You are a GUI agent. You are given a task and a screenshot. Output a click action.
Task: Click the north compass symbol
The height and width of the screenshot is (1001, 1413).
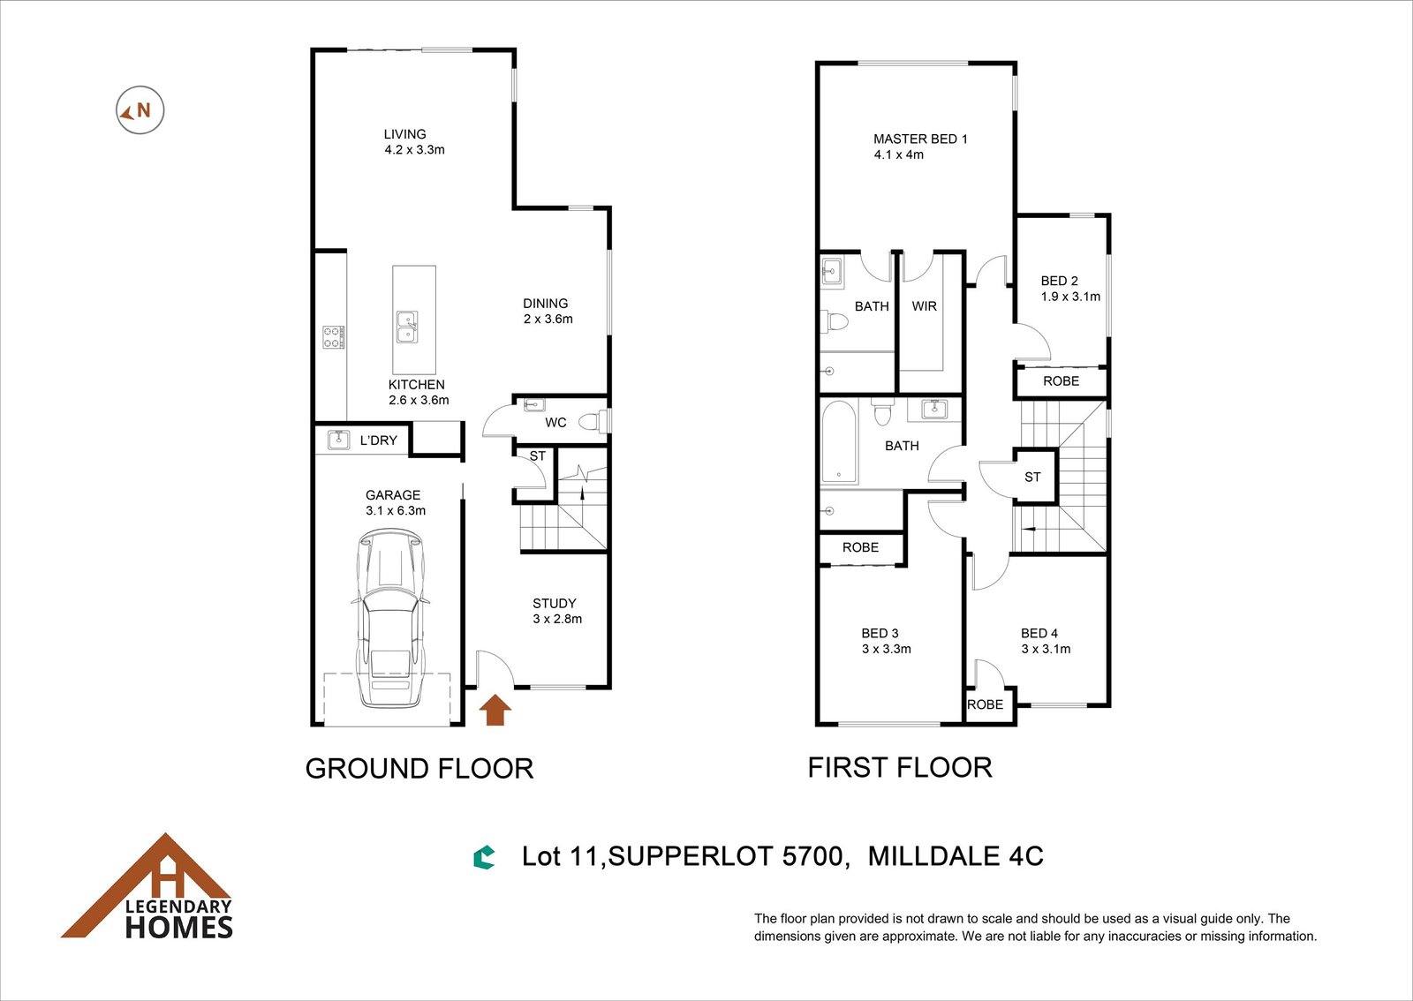pyautogui.click(x=140, y=109)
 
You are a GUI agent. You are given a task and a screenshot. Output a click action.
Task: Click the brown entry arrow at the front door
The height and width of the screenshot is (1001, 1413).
pyautogui.click(x=495, y=711)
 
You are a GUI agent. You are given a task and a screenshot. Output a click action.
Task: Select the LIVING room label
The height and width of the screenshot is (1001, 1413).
pyautogui.click(x=405, y=134)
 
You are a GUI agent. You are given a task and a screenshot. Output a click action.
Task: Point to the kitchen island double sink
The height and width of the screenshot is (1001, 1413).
pyautogui.click(x=407, y=327)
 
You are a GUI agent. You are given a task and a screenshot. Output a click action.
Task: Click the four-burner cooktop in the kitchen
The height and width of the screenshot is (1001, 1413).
pyautogui.click(x=334, y=337)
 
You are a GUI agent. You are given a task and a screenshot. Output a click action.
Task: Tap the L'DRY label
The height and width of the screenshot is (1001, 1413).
pyautogui.click(x=379, y=440)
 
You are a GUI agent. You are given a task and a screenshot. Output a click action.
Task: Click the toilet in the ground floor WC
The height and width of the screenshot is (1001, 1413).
pyautogui.click(x=592, y=421)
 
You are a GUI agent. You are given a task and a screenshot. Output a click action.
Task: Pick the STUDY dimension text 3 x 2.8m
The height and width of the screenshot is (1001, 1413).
pyautogui.click(x=557, y=619)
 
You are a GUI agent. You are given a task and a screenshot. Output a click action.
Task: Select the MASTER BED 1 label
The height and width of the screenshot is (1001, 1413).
pyautogui.click(x=920, y=139)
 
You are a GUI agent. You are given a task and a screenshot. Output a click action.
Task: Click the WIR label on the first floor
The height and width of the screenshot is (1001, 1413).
pyautogui.click(x=924, y=306)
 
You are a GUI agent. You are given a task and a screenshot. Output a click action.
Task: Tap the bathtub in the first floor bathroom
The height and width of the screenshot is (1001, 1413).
pyautogui.click(x=839, y=442)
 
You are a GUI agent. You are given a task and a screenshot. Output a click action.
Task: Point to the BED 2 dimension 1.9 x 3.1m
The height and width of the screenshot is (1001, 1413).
pyautogui.click(x=1070, y=297)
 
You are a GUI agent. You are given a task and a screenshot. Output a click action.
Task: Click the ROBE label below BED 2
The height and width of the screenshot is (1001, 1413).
pyautogui.click(x=1061, y=381)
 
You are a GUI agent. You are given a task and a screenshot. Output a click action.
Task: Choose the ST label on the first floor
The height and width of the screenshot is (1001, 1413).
pyautogui.click(x=1032, y=478)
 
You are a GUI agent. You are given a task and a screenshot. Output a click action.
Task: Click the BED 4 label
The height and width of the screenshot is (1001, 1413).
pyautogui.click(x=1039, y=633)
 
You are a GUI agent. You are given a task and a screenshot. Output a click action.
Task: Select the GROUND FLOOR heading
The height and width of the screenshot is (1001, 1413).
pyautogui.click(x=419, y=769)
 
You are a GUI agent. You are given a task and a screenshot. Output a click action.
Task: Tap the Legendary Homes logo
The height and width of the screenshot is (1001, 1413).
pyautogui.click(x=147, y=886)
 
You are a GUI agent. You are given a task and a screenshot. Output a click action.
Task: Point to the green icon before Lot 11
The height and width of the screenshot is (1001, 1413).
pyautogui.click(x=484, y=858)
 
